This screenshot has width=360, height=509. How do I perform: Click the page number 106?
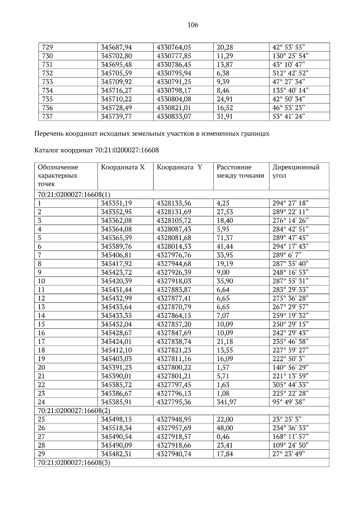click(193, 25)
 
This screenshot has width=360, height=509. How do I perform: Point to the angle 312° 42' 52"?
click(290, 73)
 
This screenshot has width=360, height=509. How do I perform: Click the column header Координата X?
click(123, 167)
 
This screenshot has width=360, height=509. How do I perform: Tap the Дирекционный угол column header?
click(296, 171)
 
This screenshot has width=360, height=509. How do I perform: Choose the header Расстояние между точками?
click(240, 171)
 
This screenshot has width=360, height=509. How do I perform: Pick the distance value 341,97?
click(226, 402)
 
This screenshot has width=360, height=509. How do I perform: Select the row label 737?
click(48, 116)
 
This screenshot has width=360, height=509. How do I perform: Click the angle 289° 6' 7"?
click(287, 255)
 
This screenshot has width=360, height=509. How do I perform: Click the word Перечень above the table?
click(49, 134)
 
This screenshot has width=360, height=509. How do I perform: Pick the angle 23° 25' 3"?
click(287, 419)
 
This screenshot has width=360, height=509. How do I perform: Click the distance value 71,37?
click(225, 238)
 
